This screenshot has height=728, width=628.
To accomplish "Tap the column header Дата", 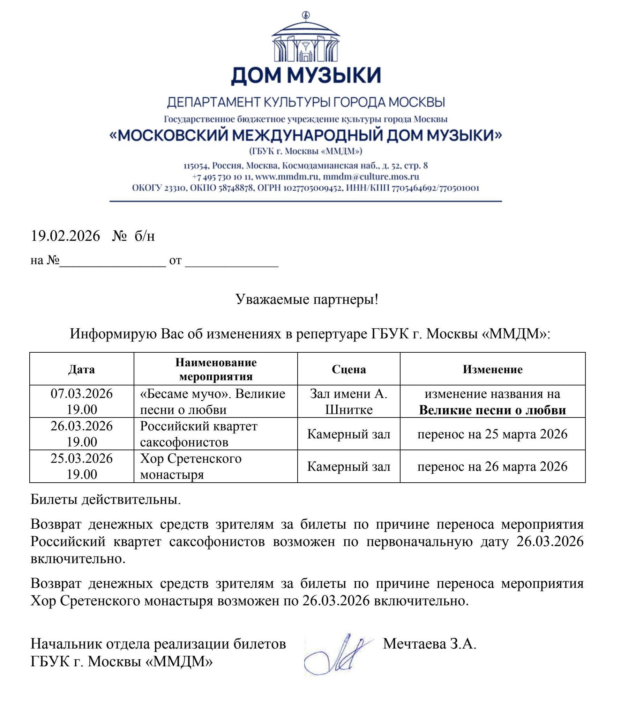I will (x=81, y=369).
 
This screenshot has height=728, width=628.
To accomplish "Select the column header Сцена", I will (x=348, y=369).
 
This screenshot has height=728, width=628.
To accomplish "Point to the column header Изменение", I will (x=492, y=369).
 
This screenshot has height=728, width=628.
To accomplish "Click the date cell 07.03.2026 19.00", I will (x=81, y=401).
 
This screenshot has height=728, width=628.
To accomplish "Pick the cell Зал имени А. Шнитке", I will (x=348, y=401).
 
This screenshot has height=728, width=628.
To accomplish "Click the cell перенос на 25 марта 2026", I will (x=492, y=434).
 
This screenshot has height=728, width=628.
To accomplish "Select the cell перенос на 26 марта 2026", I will (x=492, y=466).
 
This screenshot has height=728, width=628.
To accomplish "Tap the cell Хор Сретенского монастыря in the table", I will (x=191, y=466).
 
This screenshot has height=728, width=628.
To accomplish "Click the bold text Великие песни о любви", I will (x=492, y=410).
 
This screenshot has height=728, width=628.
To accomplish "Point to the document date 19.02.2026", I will (x=66, y=236).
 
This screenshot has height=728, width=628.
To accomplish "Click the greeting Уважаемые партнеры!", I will (x=306, y=299).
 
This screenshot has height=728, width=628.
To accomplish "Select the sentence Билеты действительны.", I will (x=106, y=499).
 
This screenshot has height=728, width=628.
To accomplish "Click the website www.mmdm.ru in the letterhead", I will (x=286, y=176).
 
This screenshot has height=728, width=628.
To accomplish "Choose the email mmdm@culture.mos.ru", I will (x=371, y=176).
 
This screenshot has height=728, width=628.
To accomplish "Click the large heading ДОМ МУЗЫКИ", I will (x=306, y=75).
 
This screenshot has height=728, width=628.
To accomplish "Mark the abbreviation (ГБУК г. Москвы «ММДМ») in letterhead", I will (x=306, y=151).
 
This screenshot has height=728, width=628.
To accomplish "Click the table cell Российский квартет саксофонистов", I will (x=199, y=434).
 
